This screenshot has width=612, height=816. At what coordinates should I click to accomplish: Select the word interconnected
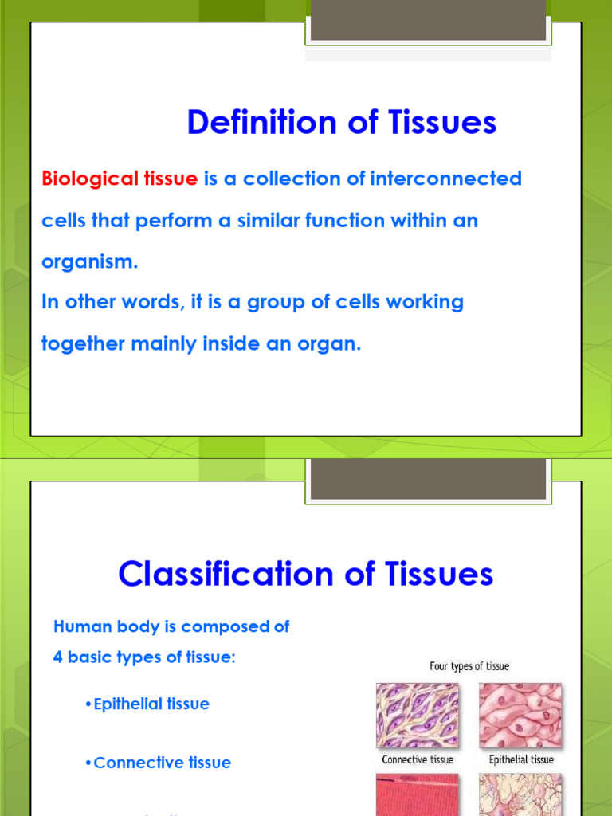pos(445,178)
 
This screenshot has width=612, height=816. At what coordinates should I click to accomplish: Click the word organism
pos(89,263)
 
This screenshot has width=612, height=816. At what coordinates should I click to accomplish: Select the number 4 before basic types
pos(58,658)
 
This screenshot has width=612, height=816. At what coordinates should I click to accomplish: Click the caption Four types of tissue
pos(469,666)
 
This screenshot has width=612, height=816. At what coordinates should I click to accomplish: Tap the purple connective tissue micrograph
pos(418,713)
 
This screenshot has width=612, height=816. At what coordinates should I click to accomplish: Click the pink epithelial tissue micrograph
pos(520,713)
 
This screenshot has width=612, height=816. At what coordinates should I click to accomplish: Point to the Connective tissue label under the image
pos(418,759)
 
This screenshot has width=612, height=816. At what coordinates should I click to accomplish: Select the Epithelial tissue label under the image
pos(520,759)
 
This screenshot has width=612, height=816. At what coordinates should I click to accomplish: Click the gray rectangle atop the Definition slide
pos(428,20)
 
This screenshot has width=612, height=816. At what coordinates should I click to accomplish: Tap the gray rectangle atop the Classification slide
pos(428,478)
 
